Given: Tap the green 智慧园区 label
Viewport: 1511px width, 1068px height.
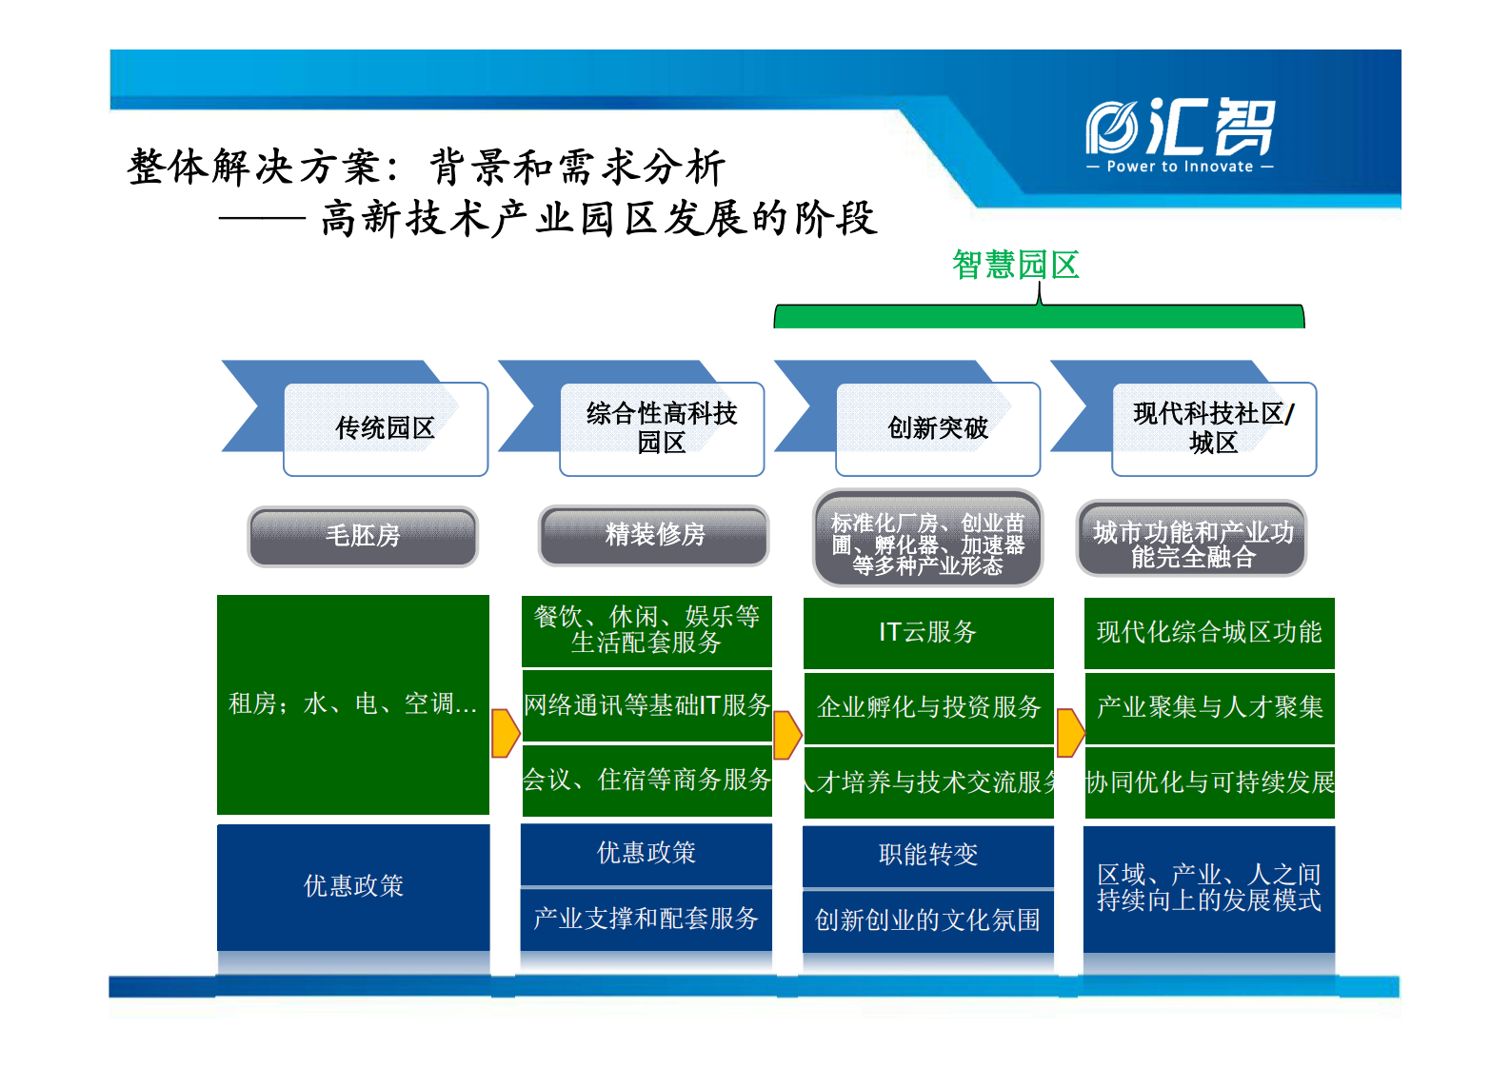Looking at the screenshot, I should [x=1015, y=265].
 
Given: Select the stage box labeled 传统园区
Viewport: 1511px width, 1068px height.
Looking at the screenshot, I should [x=386, y=428].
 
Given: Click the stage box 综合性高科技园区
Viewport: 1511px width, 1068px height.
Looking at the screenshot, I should [x=662, y=428].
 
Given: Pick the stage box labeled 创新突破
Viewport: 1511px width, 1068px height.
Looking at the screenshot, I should [x=938, y=428].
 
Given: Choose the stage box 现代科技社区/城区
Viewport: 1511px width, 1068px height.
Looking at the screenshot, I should [x=1214, y=428].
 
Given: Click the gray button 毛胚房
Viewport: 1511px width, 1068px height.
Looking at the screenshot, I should [x=363, y=536].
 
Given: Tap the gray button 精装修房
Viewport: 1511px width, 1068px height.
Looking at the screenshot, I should [x=654, y=535].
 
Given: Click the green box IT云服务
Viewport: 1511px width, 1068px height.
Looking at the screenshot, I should [x=928, y=633].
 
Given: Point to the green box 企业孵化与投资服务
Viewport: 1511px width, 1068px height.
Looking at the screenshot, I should [x=928, y=707].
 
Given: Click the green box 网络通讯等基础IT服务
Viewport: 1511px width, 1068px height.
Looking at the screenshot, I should [x=646, y=705].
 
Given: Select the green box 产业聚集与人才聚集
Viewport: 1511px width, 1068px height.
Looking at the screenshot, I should [x=1209, y=707].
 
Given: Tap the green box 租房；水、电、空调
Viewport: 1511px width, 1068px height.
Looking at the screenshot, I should [x=353, y=704].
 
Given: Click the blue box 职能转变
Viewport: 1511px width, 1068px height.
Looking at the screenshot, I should [x=928, y=855].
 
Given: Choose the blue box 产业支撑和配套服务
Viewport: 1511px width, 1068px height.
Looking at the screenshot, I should [x=646, y=919].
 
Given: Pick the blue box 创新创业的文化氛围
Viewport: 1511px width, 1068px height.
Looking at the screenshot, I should [x=928, y=920].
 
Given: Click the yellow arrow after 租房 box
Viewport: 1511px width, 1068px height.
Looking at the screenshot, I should [x=505, y=733].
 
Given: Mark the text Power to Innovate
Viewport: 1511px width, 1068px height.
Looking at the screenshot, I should [x=1180, y=167].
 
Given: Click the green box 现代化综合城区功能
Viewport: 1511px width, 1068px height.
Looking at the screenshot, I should [x=1209, y=633].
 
